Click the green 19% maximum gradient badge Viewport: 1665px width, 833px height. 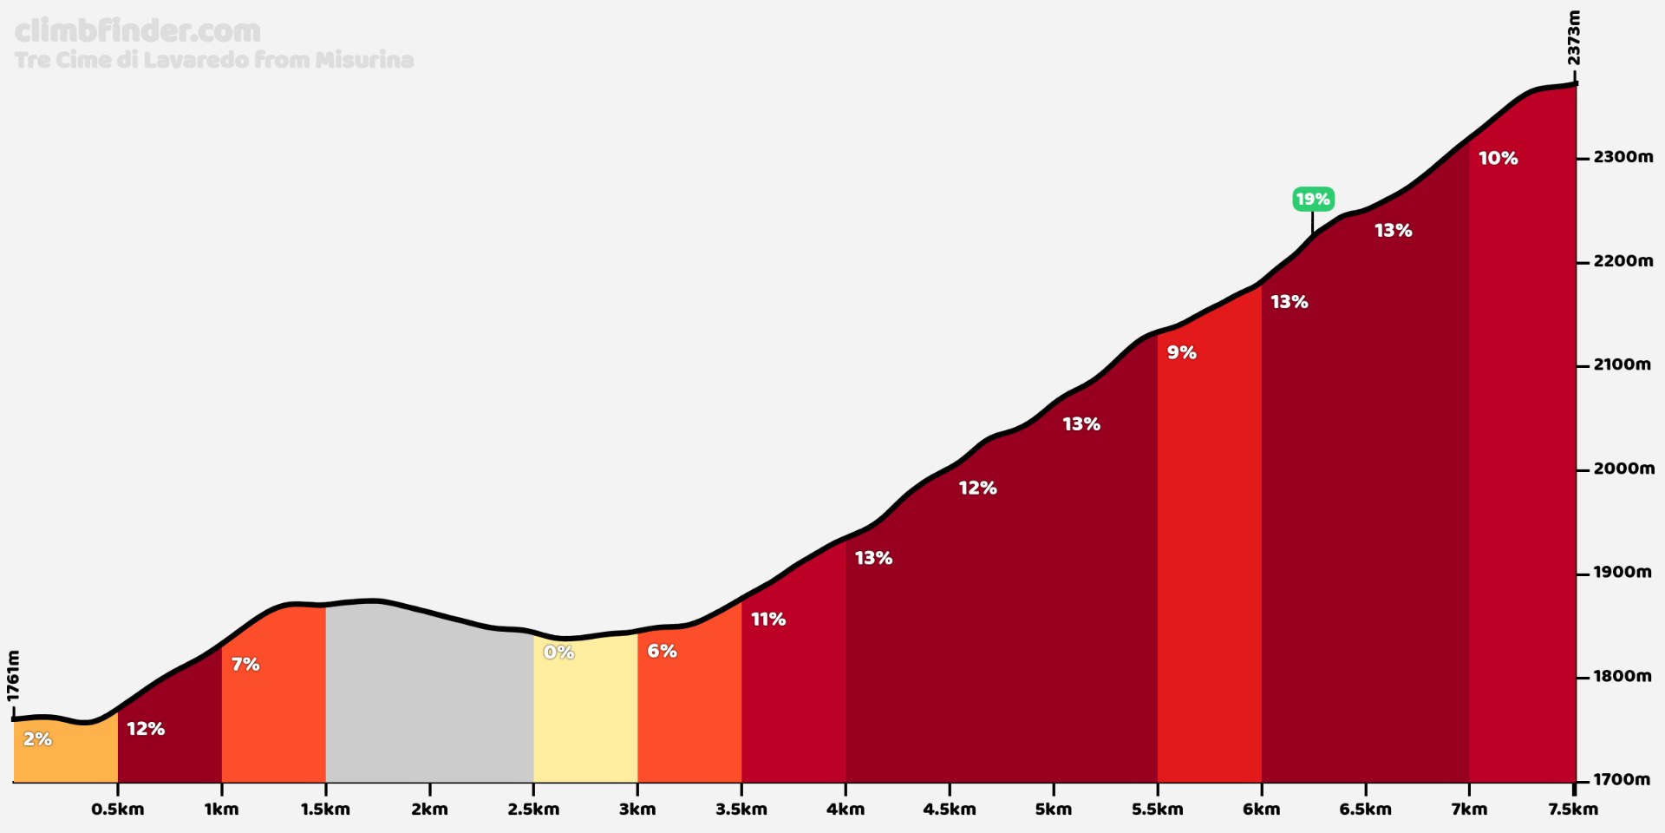tap(1312, 200)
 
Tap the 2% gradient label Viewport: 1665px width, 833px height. tap(37, 739)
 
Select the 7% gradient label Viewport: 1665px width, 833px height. tap(245, 665)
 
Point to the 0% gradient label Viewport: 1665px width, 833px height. tap(558, 653)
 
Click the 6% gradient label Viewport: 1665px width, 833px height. tap(662, 651)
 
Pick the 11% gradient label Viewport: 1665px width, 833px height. tap(768, 620)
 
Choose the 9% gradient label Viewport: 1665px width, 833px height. tap(1181, 352)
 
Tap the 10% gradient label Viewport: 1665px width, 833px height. tap(1498, 158)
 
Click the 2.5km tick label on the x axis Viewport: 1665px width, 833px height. tap(533, 810)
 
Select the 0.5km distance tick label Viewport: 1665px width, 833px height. tap(118, 810)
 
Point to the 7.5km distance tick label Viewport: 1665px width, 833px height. tap(1572, 810)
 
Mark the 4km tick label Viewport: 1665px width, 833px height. tap(846, 810)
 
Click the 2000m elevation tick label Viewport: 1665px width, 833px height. tap(1623, 469)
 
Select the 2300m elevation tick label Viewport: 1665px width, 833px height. tap(1623, 157)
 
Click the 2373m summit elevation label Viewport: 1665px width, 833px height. tap(1574, 38)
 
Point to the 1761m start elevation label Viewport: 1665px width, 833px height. tap(13, 676)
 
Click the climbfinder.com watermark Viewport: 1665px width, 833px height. tap(138, 31)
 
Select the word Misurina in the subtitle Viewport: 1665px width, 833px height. tap(364, 60)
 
